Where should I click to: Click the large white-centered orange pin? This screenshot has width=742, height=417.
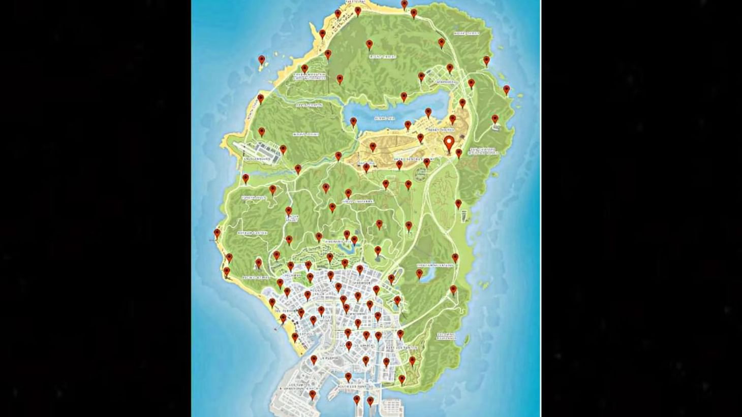[449, 144]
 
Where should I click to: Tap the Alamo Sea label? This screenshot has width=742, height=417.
[384, 117]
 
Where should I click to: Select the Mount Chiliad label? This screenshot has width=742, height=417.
[382, 57]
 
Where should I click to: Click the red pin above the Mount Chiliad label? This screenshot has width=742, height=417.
[369, 45]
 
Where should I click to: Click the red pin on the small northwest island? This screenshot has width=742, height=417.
[262, 60]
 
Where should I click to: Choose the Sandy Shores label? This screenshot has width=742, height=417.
[440, 130]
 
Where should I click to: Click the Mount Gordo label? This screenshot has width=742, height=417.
[467, 34]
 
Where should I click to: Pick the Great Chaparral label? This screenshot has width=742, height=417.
[358, 202]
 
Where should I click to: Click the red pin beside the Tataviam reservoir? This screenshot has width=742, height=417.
[419, 274]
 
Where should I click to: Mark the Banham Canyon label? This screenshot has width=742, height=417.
[252, 233]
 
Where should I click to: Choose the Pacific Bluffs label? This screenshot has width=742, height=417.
[256, 278]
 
